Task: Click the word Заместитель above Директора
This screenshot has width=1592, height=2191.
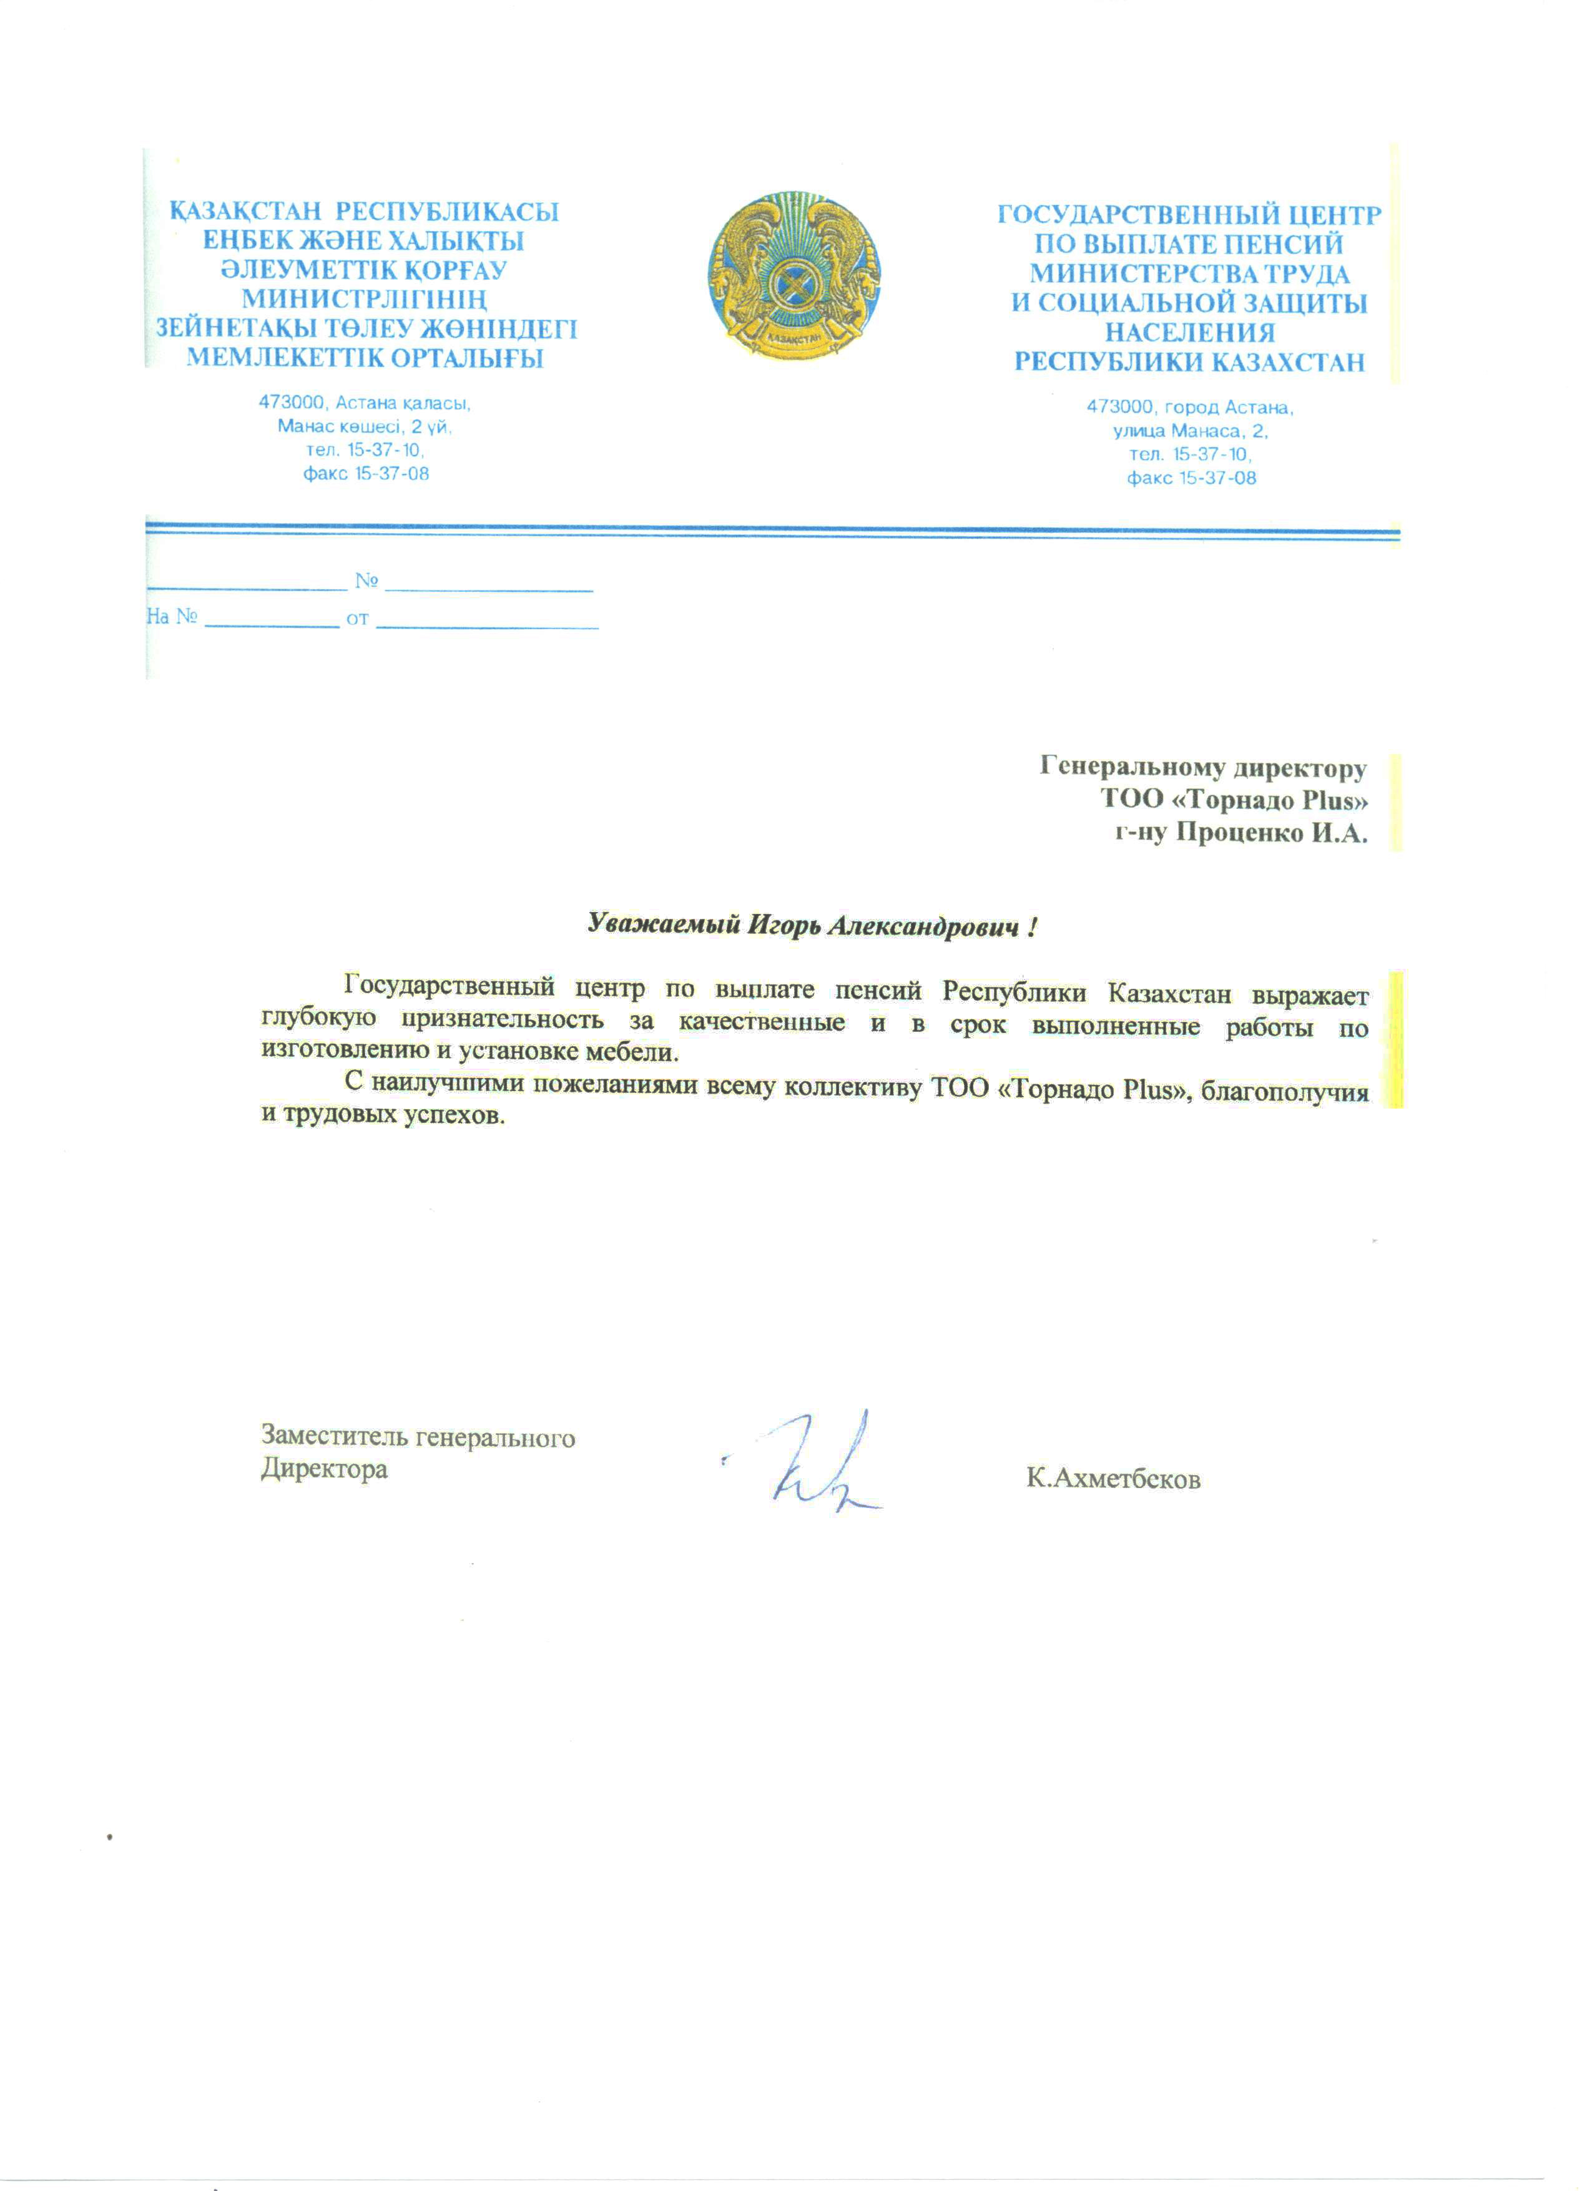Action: [333, 1438]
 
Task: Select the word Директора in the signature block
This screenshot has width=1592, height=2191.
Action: [325, 1469]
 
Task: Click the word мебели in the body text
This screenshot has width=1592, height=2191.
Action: [639, 1051]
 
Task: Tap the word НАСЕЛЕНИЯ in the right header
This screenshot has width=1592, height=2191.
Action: [1189, 333]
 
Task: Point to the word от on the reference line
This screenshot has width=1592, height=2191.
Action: [358, 618]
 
